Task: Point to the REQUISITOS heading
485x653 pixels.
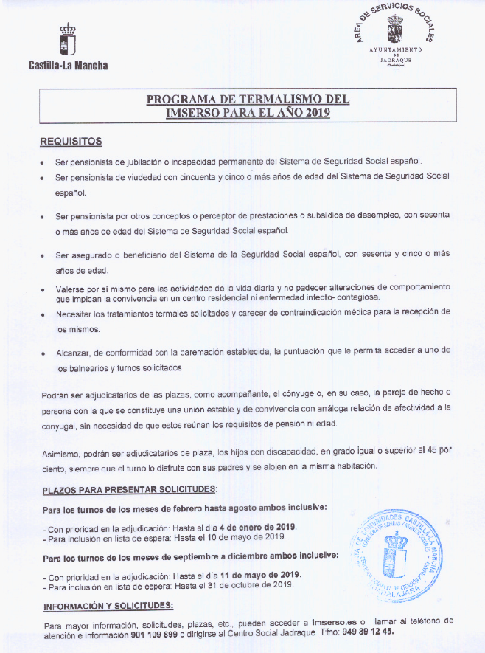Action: click(71, 141)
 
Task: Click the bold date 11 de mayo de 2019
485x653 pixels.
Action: click(254, 575)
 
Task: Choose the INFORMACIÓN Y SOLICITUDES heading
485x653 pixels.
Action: click(108, 606)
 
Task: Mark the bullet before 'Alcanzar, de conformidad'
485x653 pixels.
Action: click(45, 354)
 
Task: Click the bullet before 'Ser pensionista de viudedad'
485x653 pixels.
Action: click(45, 178)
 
